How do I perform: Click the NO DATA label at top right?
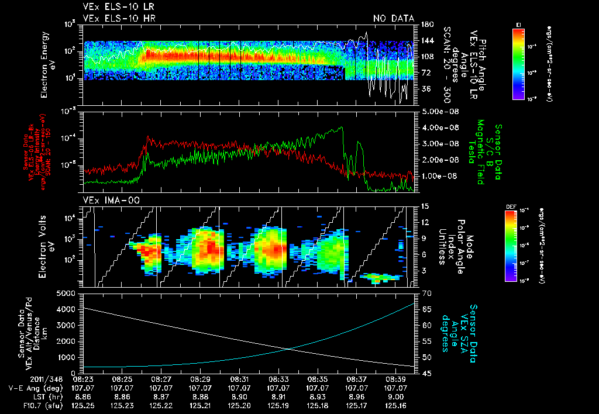(x=393, y=19)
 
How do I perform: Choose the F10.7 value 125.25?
(x=82, y=405)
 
